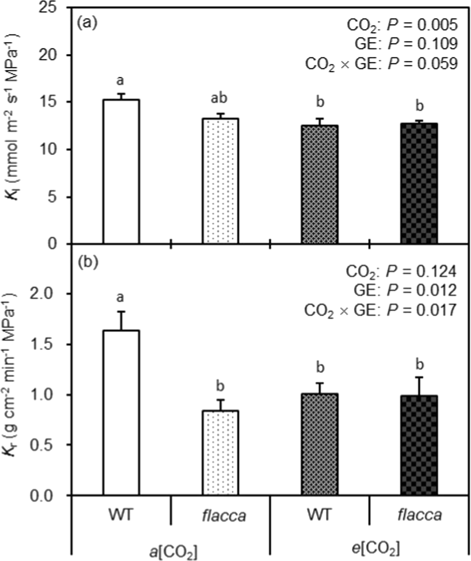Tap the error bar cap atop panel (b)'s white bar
[x=121, y=312]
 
